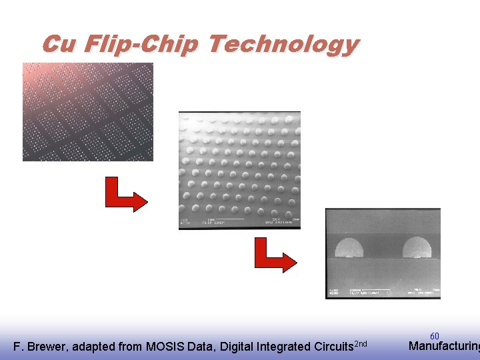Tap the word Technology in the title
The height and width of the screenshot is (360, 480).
pyautogui.click(x=283, y=45)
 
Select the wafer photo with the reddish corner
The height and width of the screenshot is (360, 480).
pyautogui.click(x=87, y=111)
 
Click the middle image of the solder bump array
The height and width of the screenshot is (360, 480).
pyautogui.click(x=239, y=170)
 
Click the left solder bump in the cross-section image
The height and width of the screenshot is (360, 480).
pyautogui.click(x=349, y=248)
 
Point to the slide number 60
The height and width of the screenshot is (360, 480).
pyautogui.click(x=435, y=337)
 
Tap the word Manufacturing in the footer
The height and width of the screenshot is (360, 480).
pyautogui.click(x=443, y=346)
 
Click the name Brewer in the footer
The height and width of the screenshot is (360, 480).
pyautogui.click(x=47, y=347)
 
